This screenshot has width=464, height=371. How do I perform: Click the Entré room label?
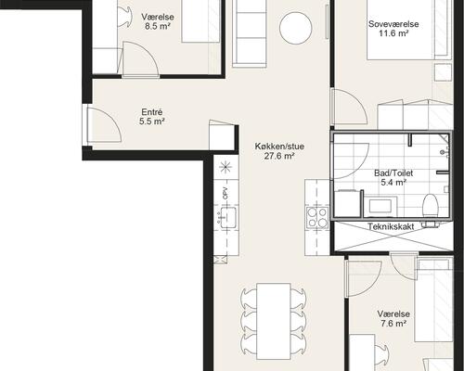click(x=151, y=112)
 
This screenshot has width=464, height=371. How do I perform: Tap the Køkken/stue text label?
click(x=279, y=147)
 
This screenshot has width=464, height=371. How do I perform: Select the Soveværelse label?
click(x=393, y=24)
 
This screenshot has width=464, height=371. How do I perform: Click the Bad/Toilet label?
click(x=393, y=173)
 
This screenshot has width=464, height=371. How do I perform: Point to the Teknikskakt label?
click(x=391, y=226)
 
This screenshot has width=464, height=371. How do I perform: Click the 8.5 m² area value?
click(x=158, y=26)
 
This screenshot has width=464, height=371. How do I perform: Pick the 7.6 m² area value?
click(x=393, y=324)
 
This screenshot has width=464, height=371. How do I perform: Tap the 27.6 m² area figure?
click(x=279, y=156)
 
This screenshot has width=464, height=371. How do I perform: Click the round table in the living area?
click(x=295, y=28)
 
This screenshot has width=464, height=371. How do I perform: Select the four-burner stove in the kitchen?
click(x=317, y=218)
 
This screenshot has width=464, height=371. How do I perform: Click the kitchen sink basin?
click(x=227, y=218)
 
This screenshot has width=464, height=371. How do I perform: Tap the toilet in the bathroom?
click(x=431, y=205)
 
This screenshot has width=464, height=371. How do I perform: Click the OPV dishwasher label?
click(x=226, y=193)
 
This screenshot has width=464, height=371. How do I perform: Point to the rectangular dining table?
click(x=274, y=321)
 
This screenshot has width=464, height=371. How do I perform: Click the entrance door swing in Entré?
click(x=104, y=125)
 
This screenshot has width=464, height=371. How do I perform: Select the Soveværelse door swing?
click(x=350, y=107)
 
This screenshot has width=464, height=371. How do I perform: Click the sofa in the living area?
click(x=250, y=32)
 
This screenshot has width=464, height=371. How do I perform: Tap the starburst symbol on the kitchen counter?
click(x=226, y=167)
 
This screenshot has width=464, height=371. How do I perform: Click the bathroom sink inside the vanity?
click(x=380, y=205)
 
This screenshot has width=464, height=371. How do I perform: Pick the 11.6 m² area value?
click(x=393, y=33)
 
